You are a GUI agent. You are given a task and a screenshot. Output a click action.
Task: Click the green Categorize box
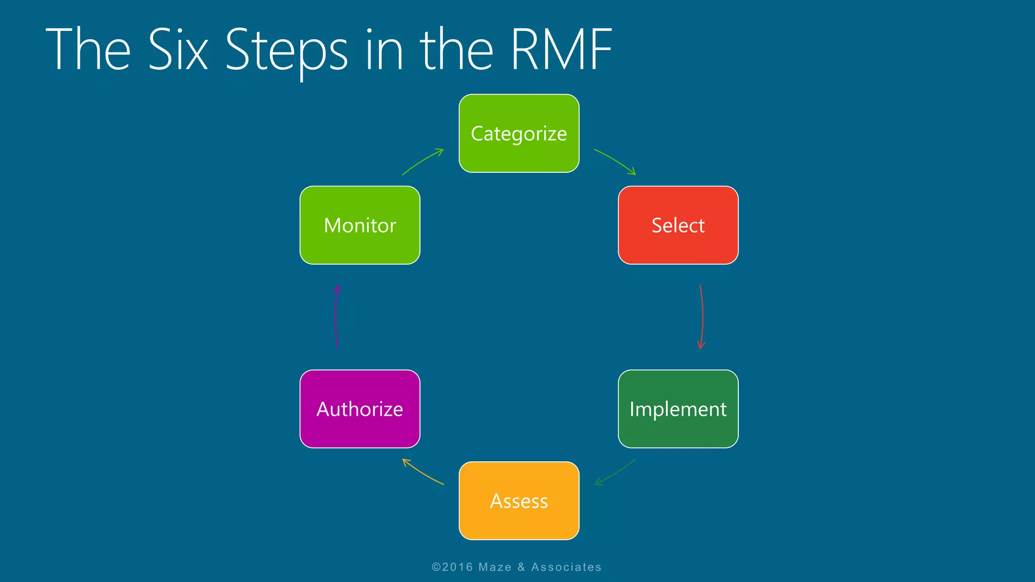519,133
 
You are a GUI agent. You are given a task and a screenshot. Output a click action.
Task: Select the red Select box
678,225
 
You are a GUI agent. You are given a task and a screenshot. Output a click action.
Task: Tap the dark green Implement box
678,409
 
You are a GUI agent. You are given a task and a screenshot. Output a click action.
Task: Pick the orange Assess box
519,501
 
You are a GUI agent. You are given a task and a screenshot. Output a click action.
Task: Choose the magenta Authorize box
360,409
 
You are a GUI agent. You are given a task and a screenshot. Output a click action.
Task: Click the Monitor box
360,225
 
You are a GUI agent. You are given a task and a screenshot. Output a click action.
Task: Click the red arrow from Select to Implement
702,317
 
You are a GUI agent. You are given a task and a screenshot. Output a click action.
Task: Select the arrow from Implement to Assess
616,473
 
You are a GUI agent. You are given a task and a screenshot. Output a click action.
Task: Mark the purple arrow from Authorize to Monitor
336,317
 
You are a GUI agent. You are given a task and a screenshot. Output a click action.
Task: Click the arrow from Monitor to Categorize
422,161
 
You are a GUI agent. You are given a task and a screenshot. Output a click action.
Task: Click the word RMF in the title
561,50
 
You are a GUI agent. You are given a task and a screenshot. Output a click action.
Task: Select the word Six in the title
178,50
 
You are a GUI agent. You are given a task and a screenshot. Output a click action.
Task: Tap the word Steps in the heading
286,50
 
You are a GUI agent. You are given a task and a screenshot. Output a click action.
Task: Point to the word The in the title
88,50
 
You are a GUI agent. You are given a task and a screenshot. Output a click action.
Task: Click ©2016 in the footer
452,567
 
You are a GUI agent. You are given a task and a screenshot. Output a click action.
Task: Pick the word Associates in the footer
566,567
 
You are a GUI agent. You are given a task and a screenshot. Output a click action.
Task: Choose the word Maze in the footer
495,567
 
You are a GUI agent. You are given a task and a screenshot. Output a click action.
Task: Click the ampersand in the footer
521,567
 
